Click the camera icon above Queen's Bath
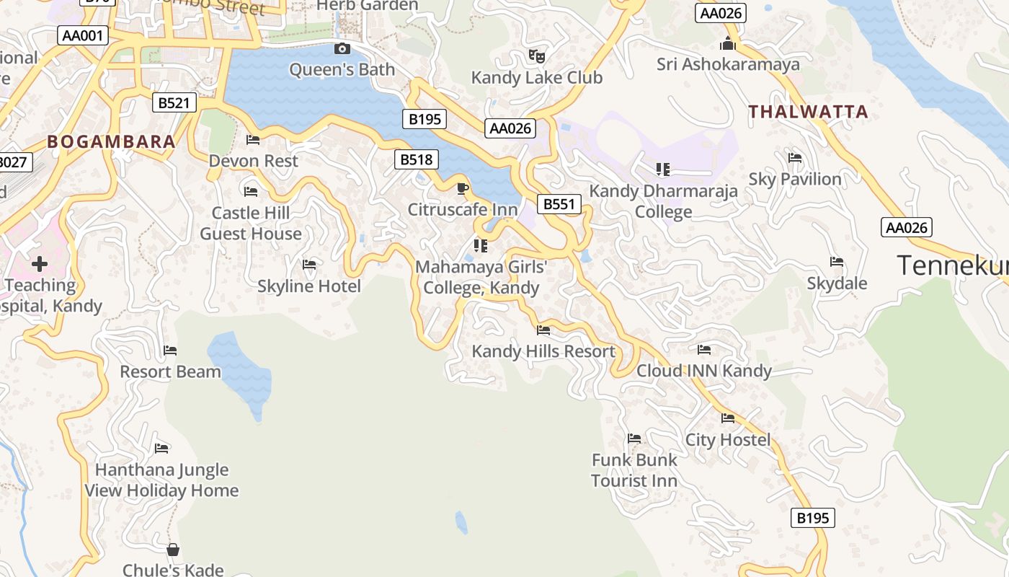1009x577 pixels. (x=342, y=49)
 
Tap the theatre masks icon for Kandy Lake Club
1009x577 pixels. (x=536, y=56)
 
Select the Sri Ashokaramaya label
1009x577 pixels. (x=728, y=64)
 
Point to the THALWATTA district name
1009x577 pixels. (x=808, y=112)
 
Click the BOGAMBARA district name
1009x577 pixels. (x=112, y=141)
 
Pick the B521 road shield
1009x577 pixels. (x=174, y=103)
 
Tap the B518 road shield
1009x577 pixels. (x=416, y=160)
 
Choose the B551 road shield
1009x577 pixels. (x=559, y=204)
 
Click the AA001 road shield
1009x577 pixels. (x=83, y=35)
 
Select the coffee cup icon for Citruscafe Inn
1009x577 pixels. (x=463, y=189)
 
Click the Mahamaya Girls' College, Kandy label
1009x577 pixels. (x=481, y=278)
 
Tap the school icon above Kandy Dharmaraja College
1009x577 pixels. (x=663, y=169)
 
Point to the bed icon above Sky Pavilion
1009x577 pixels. (x=795, y=158)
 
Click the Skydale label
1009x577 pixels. (x=837, y=283)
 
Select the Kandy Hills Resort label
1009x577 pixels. (x=543, y=351)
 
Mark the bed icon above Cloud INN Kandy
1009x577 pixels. (x=704, y=351)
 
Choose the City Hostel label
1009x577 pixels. (x=728, y=439)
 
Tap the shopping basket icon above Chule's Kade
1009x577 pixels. (x=173, y=550)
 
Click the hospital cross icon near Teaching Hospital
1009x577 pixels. (x=40, y=263)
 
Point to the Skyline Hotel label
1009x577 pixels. (x=309, y=286)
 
